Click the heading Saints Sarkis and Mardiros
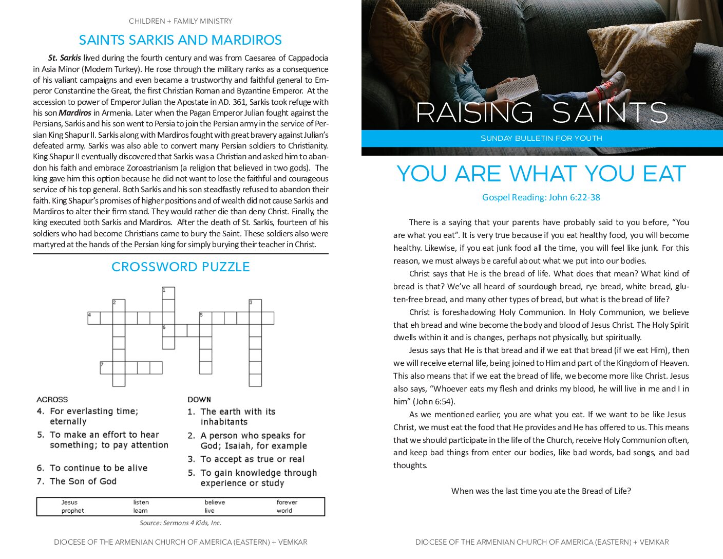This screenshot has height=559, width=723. (180, 40)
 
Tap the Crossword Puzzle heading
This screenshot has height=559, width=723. (180, 267)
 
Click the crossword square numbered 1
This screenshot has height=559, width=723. (168, 293)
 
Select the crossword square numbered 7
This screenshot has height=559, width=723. (106, 367)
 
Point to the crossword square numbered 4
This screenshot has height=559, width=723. (93, 318)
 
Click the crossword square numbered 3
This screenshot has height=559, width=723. (255, 306)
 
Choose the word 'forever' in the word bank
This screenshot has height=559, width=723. (287, 502)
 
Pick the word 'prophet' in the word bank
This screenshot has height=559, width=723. (72, 511)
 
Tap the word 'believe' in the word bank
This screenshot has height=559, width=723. (215, 502)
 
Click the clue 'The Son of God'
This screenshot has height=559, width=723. (83, 481)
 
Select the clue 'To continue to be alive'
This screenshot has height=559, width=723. (98, 468)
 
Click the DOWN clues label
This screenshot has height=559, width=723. (199, 399)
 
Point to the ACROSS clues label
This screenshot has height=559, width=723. (52, 399)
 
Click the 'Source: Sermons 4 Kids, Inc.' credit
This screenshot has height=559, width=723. (180, 523)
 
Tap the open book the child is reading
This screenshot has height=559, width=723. (517, 88)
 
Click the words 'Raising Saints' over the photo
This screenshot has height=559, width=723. (541, 113)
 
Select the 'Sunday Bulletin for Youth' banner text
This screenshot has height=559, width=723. (541, 138)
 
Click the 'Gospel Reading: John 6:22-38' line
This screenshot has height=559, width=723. (541, 197)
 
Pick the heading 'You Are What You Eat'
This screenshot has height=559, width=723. (541, 174)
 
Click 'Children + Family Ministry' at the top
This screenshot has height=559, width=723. (180, 21)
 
